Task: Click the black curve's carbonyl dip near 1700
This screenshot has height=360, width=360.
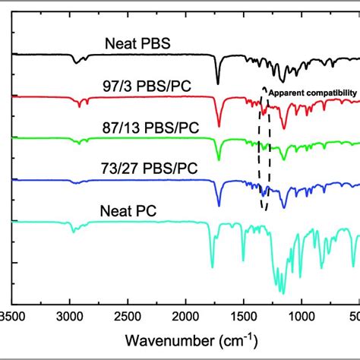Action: coord(218,84)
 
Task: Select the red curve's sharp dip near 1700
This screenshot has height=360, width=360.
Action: coord(219,126)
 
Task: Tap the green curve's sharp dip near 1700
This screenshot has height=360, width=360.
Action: coord(219,160)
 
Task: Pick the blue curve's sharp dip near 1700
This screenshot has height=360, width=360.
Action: coord(219,205)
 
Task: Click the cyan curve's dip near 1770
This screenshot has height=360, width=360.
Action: coord(212,267)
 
